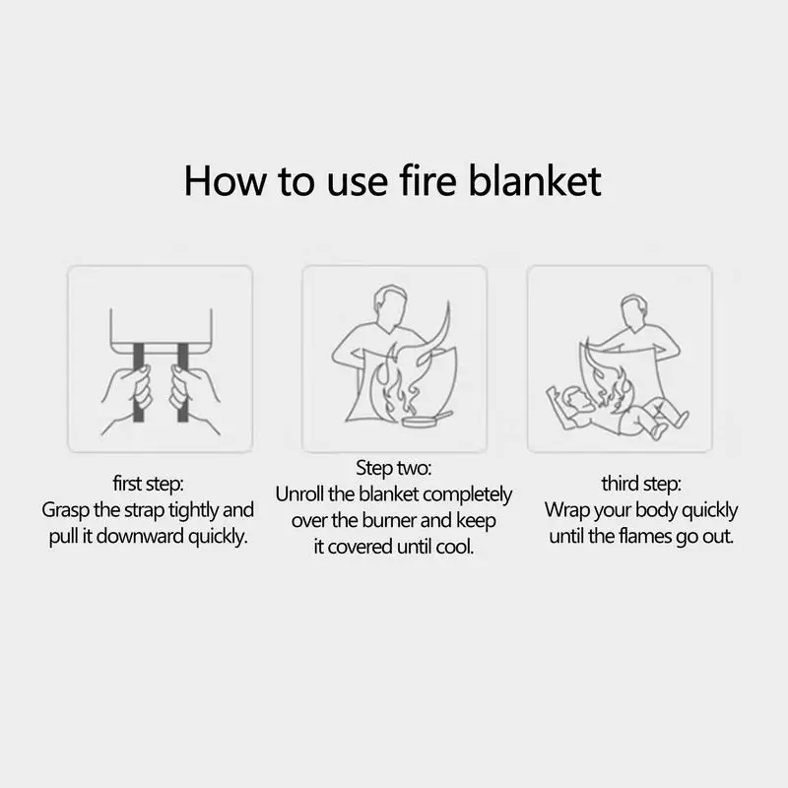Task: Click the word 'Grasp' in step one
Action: point(67,511)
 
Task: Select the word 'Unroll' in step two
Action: point(303,494)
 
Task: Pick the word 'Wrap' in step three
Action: point(567,511)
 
